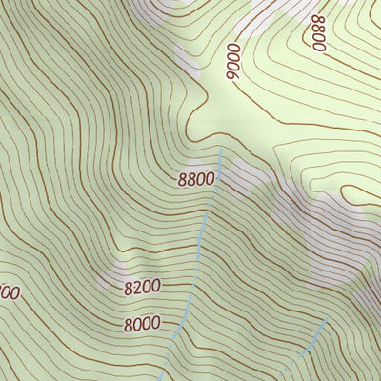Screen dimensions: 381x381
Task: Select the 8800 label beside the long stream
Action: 196,178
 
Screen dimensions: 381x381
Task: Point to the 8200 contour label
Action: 142,285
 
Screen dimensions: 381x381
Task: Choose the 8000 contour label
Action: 141,324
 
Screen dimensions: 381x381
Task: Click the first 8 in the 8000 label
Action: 128,325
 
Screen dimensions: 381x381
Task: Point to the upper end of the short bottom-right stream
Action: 326,321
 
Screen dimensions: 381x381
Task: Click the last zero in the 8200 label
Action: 155,284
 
